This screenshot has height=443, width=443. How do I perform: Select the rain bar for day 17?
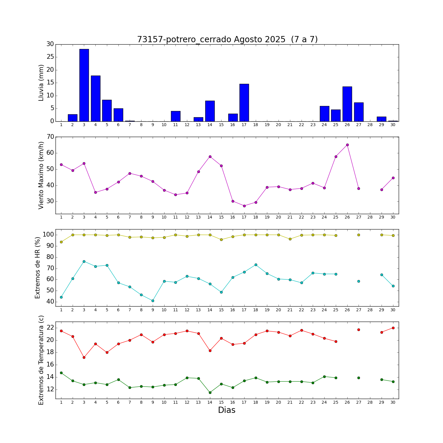[244, 102]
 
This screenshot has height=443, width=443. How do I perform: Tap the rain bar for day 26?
[347, 104]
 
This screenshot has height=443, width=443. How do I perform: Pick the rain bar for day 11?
[175, 116]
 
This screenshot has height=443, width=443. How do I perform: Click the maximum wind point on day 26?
[347, 145]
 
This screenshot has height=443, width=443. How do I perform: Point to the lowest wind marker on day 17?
[244, 206]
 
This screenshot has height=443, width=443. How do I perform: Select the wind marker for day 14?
[210, 157]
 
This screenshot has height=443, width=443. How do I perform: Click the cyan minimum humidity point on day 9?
[153, 301]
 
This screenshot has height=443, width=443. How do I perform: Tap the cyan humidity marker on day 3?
[84, 261]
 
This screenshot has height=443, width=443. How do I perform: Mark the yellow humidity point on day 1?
[61, 242]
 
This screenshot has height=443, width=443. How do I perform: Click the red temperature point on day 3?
[84, 357]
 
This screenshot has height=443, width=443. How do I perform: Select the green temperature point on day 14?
[210, 392]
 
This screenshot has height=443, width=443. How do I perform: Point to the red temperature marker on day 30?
[393, 328]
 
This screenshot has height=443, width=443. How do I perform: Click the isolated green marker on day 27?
[359, 378]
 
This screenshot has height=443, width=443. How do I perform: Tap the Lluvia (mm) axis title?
[41, 83]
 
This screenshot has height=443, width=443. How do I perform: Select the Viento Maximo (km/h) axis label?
[41, 175]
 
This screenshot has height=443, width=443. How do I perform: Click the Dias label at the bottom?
[227, 410]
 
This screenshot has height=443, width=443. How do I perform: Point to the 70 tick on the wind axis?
[50, 137]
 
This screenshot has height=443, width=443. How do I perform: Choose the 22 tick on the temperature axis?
[50, 328]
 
